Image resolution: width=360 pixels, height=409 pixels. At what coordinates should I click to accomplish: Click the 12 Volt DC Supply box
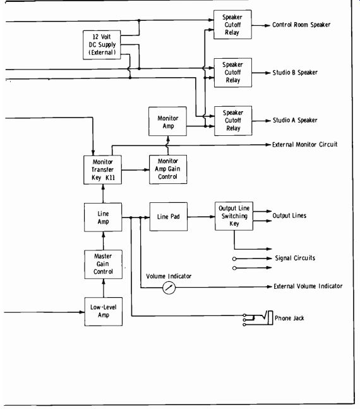point(102,45)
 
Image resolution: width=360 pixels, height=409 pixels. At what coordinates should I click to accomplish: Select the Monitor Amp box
point(167,121)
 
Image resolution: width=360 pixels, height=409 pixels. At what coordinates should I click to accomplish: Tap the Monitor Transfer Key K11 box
point(102,170)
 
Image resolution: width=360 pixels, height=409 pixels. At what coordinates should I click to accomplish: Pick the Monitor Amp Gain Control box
point(168,169)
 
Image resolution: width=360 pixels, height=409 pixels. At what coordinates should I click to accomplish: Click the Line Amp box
point(103,217)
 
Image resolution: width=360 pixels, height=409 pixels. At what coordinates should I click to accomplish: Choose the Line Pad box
point(169,216)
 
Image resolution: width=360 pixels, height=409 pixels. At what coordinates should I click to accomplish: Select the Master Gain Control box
point(103,264)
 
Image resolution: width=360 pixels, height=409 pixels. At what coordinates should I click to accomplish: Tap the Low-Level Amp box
point(104,312)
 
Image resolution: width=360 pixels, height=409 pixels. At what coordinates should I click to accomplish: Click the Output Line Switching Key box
point(234,216)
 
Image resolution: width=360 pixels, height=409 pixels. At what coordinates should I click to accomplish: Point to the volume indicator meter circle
point(169,288)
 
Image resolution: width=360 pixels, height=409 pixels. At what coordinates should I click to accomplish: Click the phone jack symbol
point(258,318)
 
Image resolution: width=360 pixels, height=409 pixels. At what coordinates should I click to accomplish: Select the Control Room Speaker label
point(301,25)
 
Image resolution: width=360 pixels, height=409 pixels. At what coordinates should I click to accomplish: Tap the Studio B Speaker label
point(295,73)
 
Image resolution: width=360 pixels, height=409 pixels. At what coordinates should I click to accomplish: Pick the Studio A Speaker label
point(295,120)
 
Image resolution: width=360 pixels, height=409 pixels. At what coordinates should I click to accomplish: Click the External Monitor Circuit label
point(304,145)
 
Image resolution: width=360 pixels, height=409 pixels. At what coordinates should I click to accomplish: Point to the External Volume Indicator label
point(308,286)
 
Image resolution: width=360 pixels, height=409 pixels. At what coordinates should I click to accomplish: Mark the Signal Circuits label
point(295,258)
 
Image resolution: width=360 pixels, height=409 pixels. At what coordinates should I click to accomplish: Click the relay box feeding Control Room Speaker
point(232,25)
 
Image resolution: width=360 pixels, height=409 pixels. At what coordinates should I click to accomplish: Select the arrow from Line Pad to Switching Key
point(201,216)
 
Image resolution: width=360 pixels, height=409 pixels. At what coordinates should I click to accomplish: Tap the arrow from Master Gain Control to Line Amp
point(103,241)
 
